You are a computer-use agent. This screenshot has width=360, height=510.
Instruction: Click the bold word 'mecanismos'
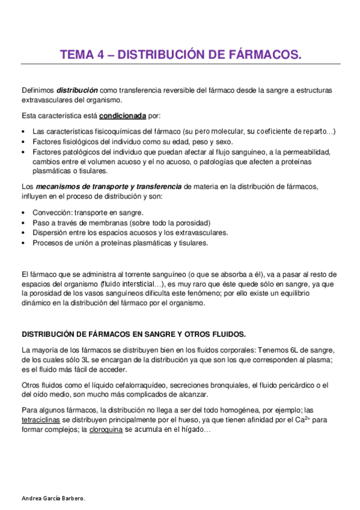tap(58, 187)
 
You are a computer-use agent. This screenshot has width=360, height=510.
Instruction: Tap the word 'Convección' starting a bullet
tap(50, 212)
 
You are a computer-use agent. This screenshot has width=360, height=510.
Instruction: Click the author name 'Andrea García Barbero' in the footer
tap(53, 499)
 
